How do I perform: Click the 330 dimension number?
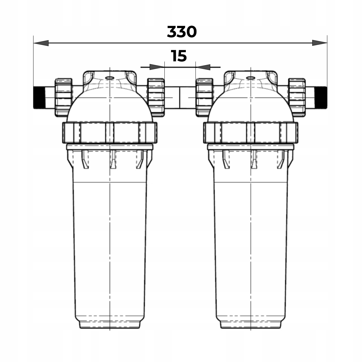pos(182,32)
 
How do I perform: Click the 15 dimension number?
pos(179,56)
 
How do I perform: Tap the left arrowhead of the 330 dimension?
pos(41,43)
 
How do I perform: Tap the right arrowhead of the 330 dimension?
pos(319,43)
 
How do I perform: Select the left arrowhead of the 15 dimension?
pos(157,67)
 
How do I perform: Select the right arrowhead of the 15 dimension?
pos(203,67)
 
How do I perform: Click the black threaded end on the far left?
pos(39,97)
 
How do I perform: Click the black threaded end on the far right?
pos(321,97)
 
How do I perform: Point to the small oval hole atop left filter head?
pos(110,78)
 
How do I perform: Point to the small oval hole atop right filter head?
pos(250,78)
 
